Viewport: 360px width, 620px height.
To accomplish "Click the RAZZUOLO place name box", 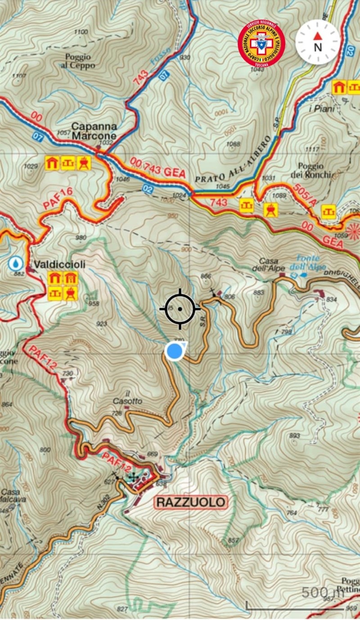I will (191, 502).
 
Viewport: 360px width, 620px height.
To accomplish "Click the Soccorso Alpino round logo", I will (261, 44).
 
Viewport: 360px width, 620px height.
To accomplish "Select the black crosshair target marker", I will (180, 309).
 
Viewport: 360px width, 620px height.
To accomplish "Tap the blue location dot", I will (174, 351).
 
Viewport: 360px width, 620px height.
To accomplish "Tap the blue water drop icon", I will (16, 263).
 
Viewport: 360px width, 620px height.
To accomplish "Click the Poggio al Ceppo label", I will (79, 61).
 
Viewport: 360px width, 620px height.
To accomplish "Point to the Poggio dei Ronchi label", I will (317, 170).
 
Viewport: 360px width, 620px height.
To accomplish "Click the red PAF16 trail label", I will (58, 198).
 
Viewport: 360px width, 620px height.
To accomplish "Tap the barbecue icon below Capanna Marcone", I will (84, 163).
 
